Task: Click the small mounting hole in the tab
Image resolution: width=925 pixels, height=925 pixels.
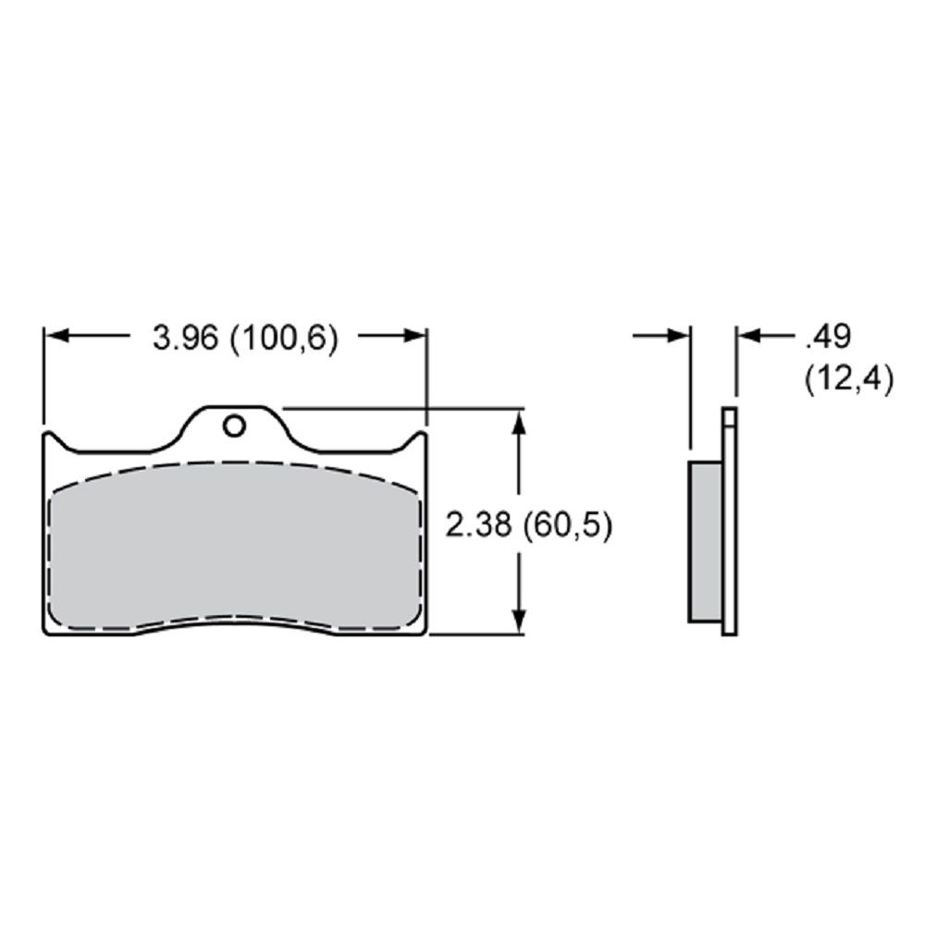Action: click(234, 425)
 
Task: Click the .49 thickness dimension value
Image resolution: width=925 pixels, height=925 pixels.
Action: click(828, 337)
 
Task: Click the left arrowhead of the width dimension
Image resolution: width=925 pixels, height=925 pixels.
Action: click(57, 337)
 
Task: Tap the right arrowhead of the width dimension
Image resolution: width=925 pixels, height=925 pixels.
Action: click(413, 337)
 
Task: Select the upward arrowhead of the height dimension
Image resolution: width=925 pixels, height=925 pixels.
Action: click(519, 423)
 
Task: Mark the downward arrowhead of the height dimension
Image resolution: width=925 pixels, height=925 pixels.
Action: click(519, 621)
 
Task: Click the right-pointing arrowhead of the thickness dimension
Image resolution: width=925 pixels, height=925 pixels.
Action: click(677, 337)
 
